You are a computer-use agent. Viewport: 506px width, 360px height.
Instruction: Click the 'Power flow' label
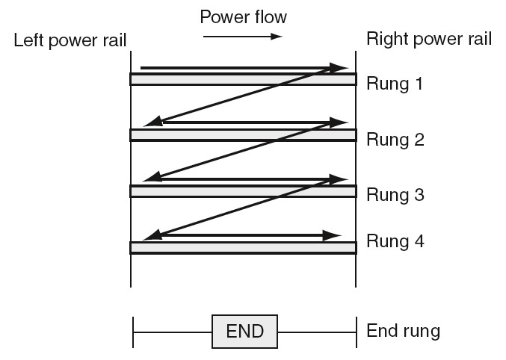coord(243,15)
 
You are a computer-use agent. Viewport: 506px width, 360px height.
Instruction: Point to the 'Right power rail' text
coord(428,39)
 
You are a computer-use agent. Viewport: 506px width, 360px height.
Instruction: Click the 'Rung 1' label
coord(395,84)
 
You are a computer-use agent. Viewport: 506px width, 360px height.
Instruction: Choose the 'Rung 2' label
coord(395,140)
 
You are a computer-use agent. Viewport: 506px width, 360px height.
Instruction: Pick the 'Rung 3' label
coord(395,195)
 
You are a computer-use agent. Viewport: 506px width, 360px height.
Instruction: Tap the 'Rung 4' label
coord(395,241)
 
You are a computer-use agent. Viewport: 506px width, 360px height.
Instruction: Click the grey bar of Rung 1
coord(243,79)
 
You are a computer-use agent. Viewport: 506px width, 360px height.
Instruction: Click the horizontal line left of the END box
coord(172,330)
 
